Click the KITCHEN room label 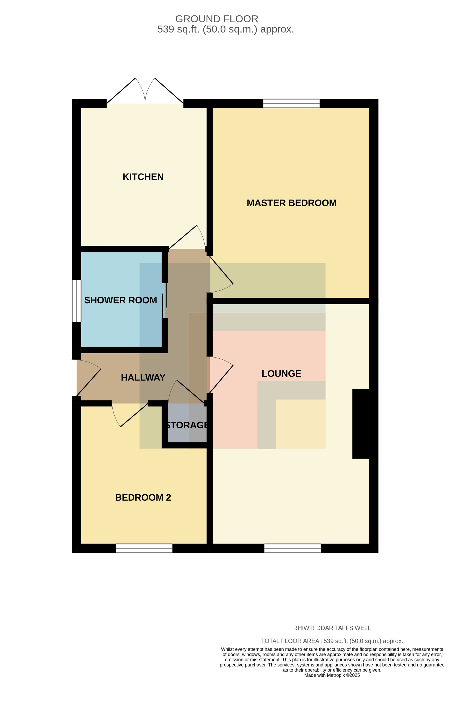[x=143, y=177]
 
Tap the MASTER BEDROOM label [x=292, y=203]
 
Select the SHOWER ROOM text [x=120, y=300]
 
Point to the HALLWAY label [x=143, y=377]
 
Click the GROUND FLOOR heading [x=216, y=19]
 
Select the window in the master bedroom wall [x=291, y=103]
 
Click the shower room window [x=76, y=301]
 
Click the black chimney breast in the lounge [x=361, y=424]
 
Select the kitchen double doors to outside [x=145, y=91]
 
